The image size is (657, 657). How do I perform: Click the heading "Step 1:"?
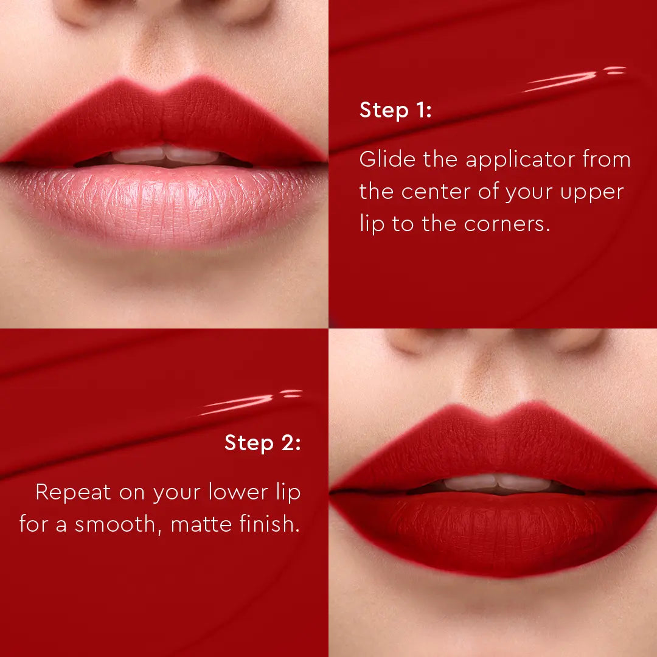(395, 111)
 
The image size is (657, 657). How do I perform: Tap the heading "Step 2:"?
(262, 443)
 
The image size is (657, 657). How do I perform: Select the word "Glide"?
(388, 159)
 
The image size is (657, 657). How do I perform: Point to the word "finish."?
(271, 523)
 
